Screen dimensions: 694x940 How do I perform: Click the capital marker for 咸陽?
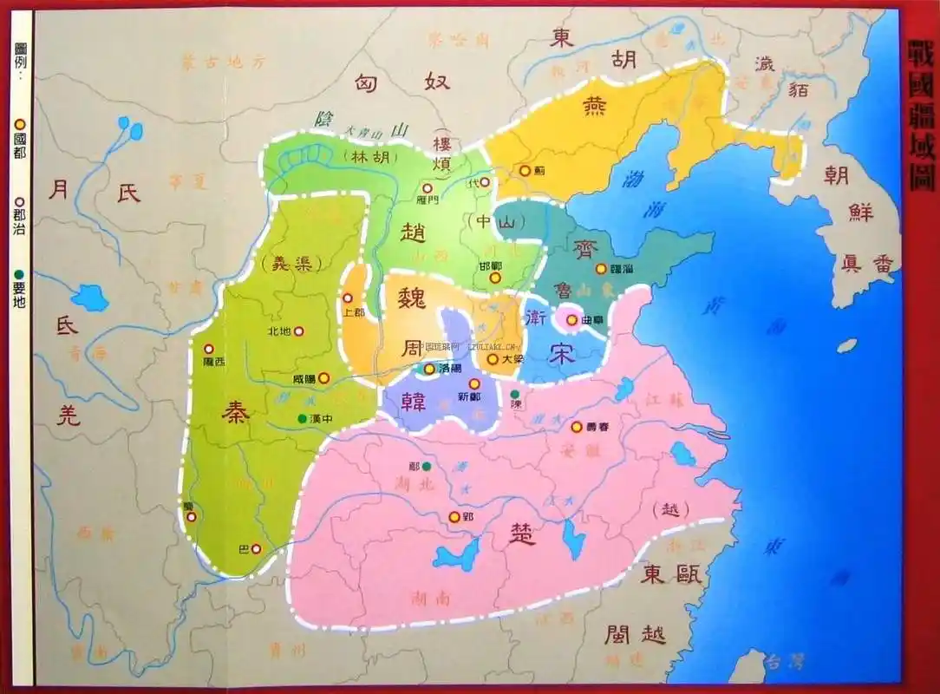pyautogui.click(x=323, y=377)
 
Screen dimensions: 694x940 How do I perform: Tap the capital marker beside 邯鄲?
pyautogui.click(x=495, y=278)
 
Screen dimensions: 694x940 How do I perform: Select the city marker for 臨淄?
pyautogui.click(x=600, y=245)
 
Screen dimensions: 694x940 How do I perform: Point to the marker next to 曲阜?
pyautogui.click(x=571, y=319)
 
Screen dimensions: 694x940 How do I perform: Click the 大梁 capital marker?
pyautogui.click(x=493, y=358)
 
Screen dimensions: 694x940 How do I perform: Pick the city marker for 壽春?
pyautogui.click(x=577, y=426)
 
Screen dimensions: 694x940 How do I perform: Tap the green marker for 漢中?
pyautogui.click(x=302, y=419)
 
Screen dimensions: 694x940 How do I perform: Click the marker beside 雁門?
pyautogui.click(x=427, y=187)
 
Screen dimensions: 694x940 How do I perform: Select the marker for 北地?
pyautogui.click(x=299, y=331)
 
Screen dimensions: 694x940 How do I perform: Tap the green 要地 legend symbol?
pyautogui.click(x=19, y=275)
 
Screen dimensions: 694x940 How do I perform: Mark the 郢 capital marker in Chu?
pyautogui.click(x=453, y=517)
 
